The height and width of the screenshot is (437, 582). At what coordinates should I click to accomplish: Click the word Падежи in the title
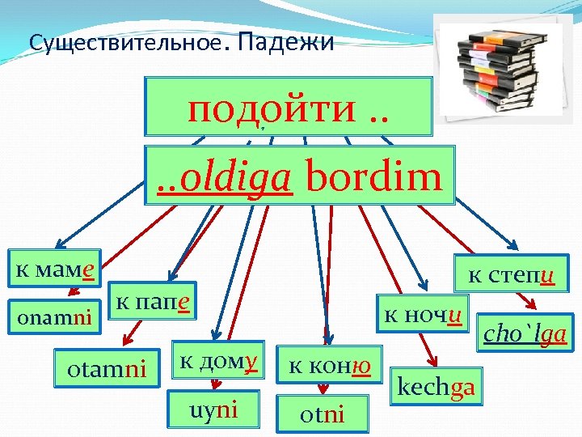[287, 41]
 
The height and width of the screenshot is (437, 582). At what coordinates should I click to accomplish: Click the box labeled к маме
[54, 267]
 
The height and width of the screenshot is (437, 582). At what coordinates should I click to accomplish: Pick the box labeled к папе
[154, 302]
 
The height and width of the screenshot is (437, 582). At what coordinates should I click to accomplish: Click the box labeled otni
[322, 414]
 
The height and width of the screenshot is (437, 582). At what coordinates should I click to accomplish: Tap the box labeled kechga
[436, 388]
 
